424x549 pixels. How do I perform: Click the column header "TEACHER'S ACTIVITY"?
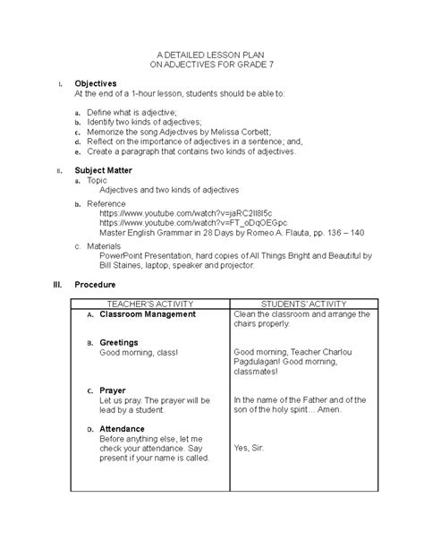150,305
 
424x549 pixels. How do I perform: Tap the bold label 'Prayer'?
112,390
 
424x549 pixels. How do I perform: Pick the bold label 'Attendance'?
123,429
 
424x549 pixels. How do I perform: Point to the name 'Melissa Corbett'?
242,131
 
